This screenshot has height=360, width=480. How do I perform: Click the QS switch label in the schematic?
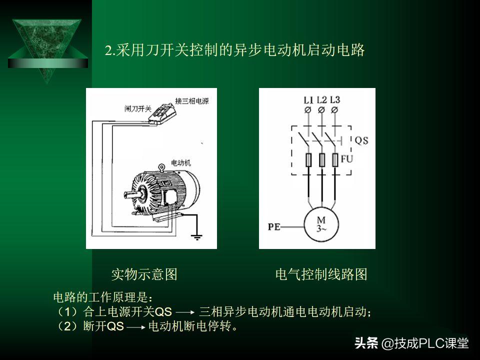pyautogui.click(x=361, y=141)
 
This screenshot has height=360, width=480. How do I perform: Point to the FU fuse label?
pyautogui.click(x=347, y=159)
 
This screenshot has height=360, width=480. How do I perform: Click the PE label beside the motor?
pyautogui.click(x=273, y=227)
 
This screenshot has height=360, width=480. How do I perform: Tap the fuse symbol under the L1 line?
pyautogui.click(x=308, y=160)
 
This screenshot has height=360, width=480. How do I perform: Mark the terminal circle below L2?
pyautogui.click(x=321, y=109)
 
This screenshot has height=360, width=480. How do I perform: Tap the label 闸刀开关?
pyautogui.click(x=137, y=108)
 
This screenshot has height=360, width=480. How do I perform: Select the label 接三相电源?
pyautogui.click(x=191, y=101)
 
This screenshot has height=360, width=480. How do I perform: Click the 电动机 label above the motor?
pyautogui.click(x=180, y=163)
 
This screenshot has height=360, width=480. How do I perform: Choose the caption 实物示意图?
pyautogui.click(x=144, y=274)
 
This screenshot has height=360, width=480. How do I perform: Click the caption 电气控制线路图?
pyautogui.click(x=321, y=274)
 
